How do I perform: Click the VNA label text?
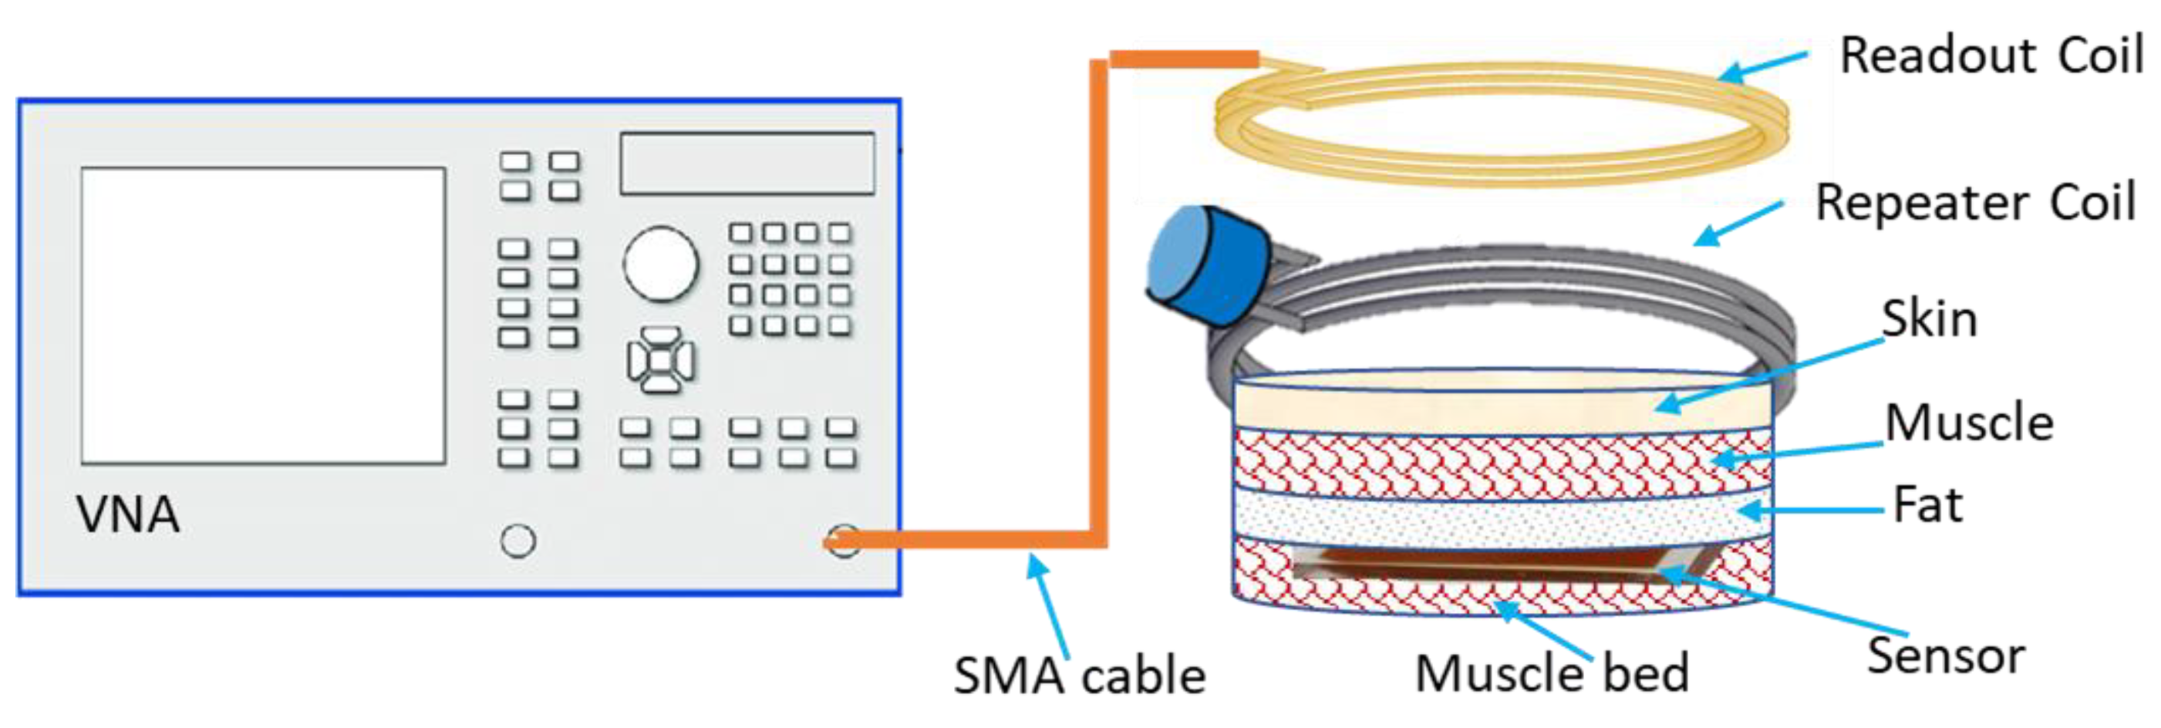click(128, 514)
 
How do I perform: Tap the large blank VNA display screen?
click(262, 315)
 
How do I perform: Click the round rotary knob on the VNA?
click(660, 263)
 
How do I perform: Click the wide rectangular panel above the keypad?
click(747, 163)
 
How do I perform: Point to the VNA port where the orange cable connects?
click(842, 541)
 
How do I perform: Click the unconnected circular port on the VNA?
click(517, 541)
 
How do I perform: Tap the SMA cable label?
click(1079, 676)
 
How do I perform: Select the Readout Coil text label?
click(1991, 56)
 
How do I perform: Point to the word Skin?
click(1930, 319)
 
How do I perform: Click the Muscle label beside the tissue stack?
click(1969, 422)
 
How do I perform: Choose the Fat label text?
click(1928, 505)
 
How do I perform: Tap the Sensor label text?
click(1945, 656)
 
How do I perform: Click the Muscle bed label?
click(1552, 673)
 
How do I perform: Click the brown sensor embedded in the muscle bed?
click(1476, 564)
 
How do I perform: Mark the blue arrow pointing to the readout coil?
click(1762, 67)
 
